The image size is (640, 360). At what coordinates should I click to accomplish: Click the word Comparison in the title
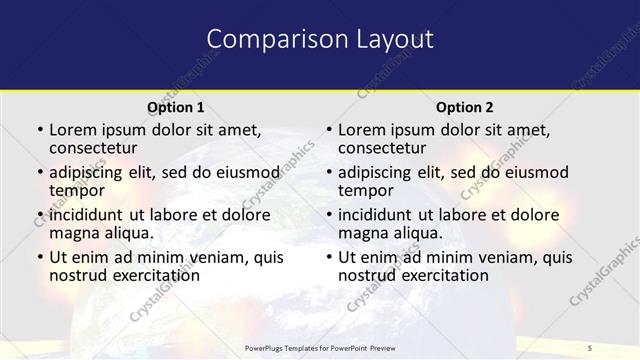[x=269, y=39]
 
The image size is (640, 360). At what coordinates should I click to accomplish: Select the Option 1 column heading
[x=176, y=107]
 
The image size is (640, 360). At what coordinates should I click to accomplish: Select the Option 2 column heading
[x=465, y=107]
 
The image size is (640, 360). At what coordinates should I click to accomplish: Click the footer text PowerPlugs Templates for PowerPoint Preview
[x=319, y=347]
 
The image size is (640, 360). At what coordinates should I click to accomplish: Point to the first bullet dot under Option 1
[x=39, y=130]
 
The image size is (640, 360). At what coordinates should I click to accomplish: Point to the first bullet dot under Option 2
[x=329, y=130]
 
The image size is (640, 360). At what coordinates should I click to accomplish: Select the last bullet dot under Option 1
[x=39, y=257]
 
